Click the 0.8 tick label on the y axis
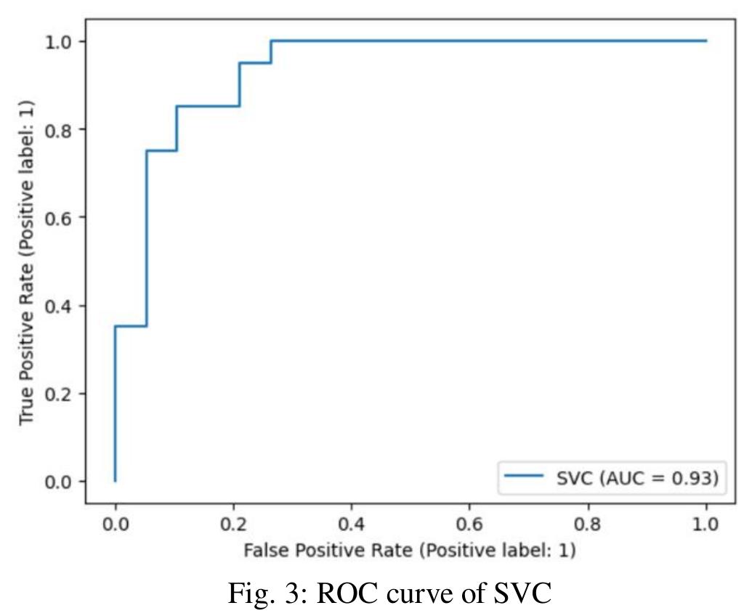[x=58, y=130]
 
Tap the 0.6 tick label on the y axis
[x=58, y=218]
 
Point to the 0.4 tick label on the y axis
[x=58, y=307]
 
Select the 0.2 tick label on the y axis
[x=58, y=394]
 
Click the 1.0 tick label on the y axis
[x=58, y=42]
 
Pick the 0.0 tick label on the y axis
[x=58, y=482]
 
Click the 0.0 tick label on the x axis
[x=116, y=524]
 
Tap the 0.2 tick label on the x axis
[x=233, y=524]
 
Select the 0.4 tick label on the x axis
[x=352, y=524]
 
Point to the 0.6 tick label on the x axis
[x=469, y=524]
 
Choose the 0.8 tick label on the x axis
[x=588, y=524]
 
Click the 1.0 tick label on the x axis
[x=705, y=524]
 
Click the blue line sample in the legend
[x=524, y=476]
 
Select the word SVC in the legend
[x=575, y=478]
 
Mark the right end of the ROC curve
[x=706, y=41]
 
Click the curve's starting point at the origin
[x=115, y=481]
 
